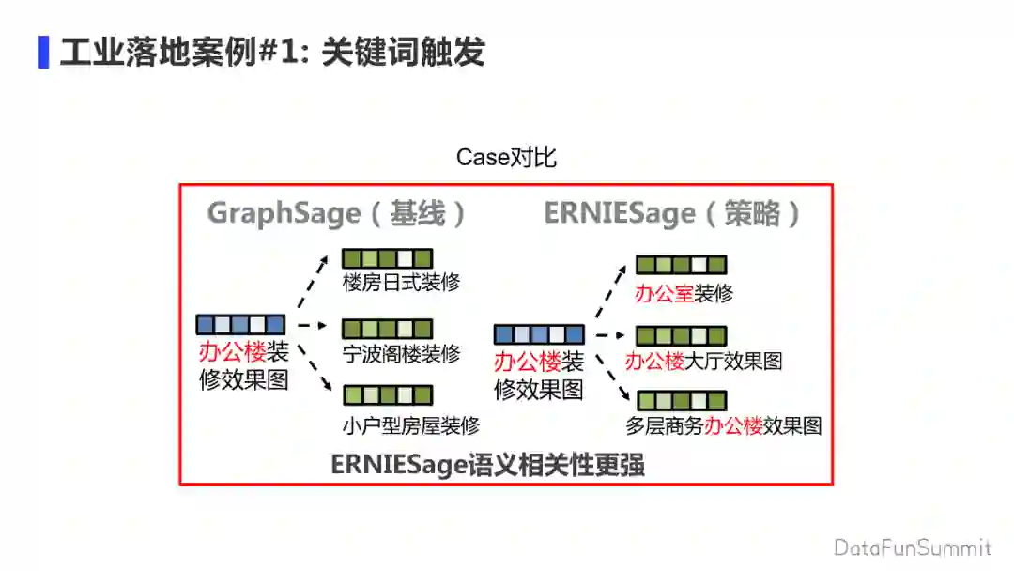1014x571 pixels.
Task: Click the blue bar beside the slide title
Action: pos(43,53)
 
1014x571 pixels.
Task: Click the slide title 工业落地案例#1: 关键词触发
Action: pos(272,53)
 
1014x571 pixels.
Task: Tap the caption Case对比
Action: pos(506,157)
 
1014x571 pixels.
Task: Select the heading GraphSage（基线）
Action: pos(337,213)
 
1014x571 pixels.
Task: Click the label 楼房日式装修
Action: pos(401,282)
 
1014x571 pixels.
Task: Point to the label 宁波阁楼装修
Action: pos(401,354)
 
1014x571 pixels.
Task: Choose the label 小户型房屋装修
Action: pos(410,425)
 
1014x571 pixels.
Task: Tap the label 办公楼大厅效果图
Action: pos(703,361)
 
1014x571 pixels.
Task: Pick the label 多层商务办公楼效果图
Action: pos(724,425)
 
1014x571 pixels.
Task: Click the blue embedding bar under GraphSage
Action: pos(240,325)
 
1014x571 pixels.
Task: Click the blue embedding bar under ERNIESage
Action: pos(539,334)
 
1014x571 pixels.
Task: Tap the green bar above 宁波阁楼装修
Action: pos(387,329)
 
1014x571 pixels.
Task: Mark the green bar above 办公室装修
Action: pos(682,266)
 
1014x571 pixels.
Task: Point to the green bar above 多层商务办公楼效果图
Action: pos(682,400)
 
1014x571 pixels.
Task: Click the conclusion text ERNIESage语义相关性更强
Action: pos(487,465)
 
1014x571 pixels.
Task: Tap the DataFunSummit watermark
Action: pos(912,548)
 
